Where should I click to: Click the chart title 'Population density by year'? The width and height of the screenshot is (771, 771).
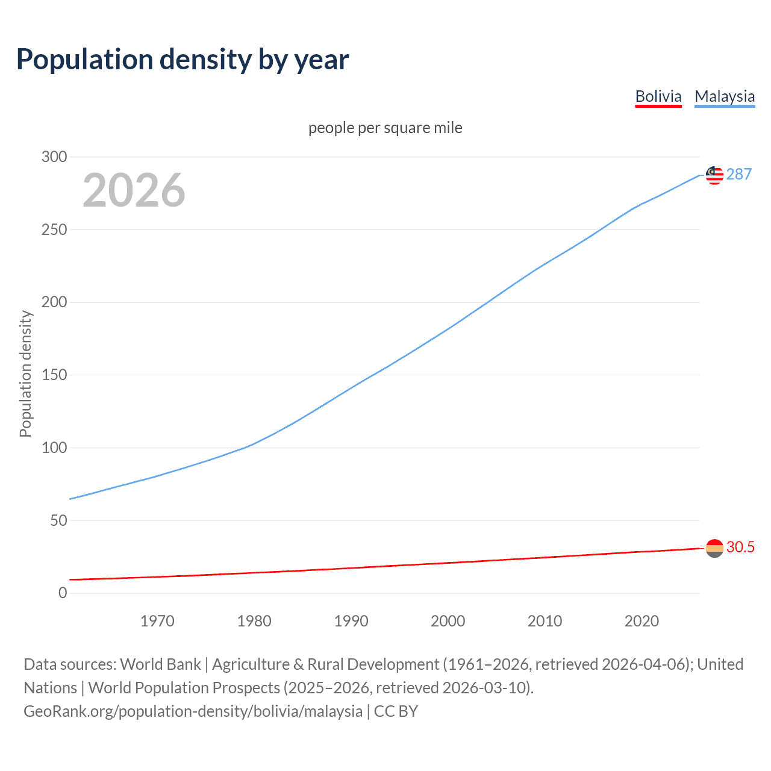(183, 59)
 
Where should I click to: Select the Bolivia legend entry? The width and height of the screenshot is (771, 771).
(658, 96)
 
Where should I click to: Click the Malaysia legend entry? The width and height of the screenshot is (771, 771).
(725, 96)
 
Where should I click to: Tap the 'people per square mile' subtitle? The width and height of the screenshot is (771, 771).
(385, 128)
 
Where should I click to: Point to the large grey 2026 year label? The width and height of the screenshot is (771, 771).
(134, 190)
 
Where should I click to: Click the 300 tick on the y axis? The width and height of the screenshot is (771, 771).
(54, 157)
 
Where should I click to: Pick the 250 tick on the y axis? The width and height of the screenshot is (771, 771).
(54, 229)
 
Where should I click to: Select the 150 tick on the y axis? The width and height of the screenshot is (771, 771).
(54, 375)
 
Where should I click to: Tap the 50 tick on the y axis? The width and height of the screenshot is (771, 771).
(58, 520)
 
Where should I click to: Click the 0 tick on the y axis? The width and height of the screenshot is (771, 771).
(63, 593)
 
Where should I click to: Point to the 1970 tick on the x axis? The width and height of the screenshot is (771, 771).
(157, 621)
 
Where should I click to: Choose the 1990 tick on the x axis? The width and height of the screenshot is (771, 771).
(351, 621)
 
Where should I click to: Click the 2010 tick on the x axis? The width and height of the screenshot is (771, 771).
(545, 621)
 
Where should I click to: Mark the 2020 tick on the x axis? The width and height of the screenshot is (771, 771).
(641, 621)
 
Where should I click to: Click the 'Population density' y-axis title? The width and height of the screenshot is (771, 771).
(25, 373)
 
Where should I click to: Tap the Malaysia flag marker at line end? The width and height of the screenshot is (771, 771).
(714, 175)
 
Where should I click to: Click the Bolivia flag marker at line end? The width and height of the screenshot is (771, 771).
(714, 548)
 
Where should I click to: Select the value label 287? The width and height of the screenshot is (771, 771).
(739, 174)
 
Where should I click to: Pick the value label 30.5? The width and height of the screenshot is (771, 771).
(740, 547)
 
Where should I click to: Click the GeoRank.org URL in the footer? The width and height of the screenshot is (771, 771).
(193, 711)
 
